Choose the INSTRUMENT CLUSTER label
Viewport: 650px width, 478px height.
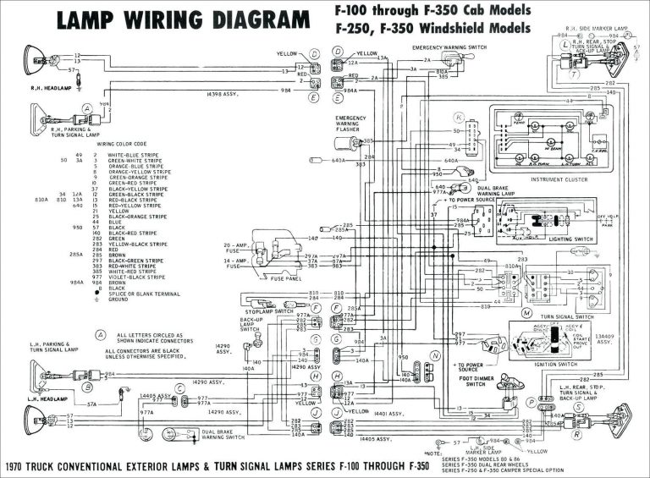coord(560,179)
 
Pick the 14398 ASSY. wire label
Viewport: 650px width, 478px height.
coord(220,96)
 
